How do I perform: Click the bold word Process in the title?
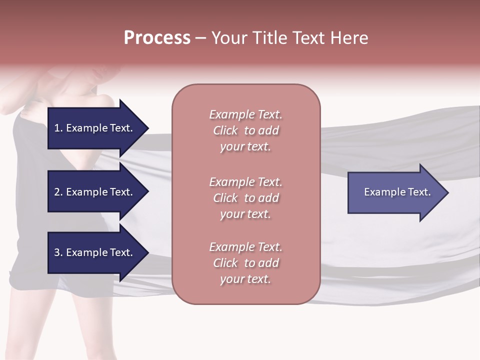(x=157, y=38)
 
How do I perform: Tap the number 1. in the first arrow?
(x=58, y=128)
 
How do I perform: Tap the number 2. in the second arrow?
(x=58, y=192)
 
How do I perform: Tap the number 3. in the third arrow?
(x=58, y=252)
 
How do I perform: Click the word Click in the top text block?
(x=225, y=131)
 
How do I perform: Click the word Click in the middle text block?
(x=225, y=198)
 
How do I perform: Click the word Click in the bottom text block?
(x=225, y=263)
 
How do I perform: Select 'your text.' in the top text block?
(x=245, y=147)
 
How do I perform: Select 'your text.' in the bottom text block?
(x=245, y=279)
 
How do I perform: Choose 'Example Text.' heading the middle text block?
(x=245, y=182)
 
